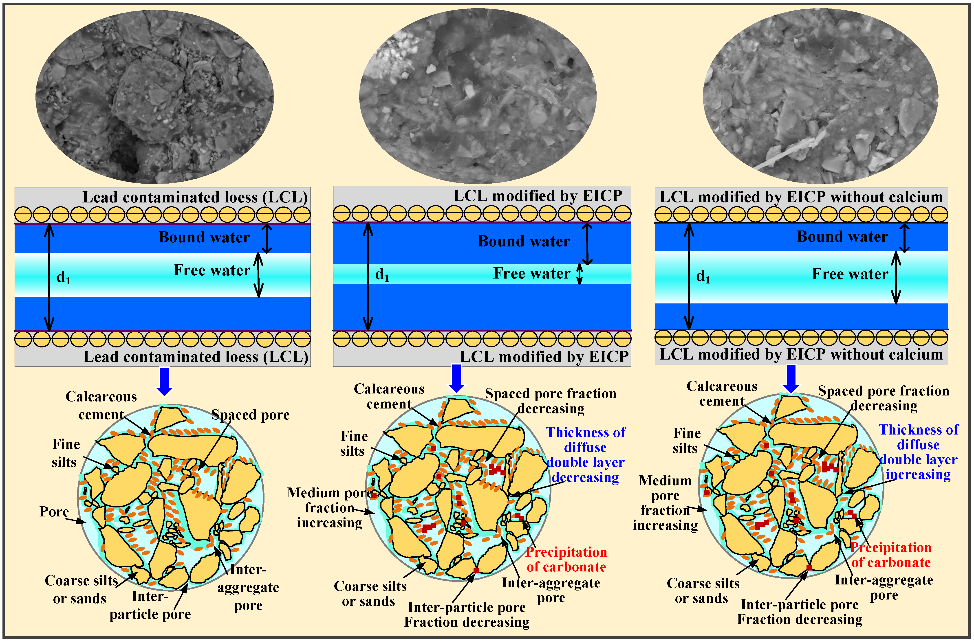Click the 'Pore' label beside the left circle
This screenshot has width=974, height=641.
pos(54,512)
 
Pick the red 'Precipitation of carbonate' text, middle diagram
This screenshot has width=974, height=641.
pos(566,559)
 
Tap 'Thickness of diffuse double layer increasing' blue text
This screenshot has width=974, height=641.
pos(918,452)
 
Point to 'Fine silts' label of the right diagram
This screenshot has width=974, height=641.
pos(686,441)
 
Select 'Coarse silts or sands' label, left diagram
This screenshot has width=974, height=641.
pos(81,589)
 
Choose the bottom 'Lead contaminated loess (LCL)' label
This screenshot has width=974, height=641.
pos(196,357)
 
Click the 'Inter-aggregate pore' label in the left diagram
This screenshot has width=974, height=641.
pos(248,587)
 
